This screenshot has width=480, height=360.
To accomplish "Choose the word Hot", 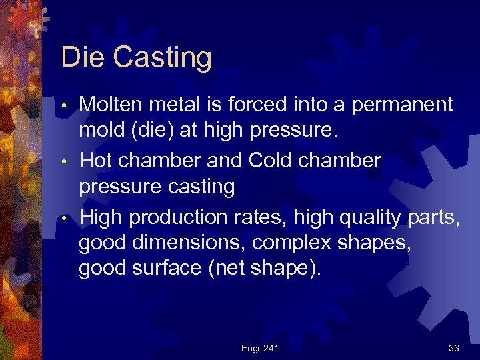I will point(97,160).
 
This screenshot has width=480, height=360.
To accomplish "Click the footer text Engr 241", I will point(260,348).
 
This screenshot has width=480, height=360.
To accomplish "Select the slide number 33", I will point(454,348).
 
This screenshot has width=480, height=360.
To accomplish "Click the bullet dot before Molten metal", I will point(63,106).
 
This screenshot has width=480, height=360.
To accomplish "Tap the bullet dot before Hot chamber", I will point(63,162).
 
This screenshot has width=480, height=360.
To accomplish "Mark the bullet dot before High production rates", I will point(63,218).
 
